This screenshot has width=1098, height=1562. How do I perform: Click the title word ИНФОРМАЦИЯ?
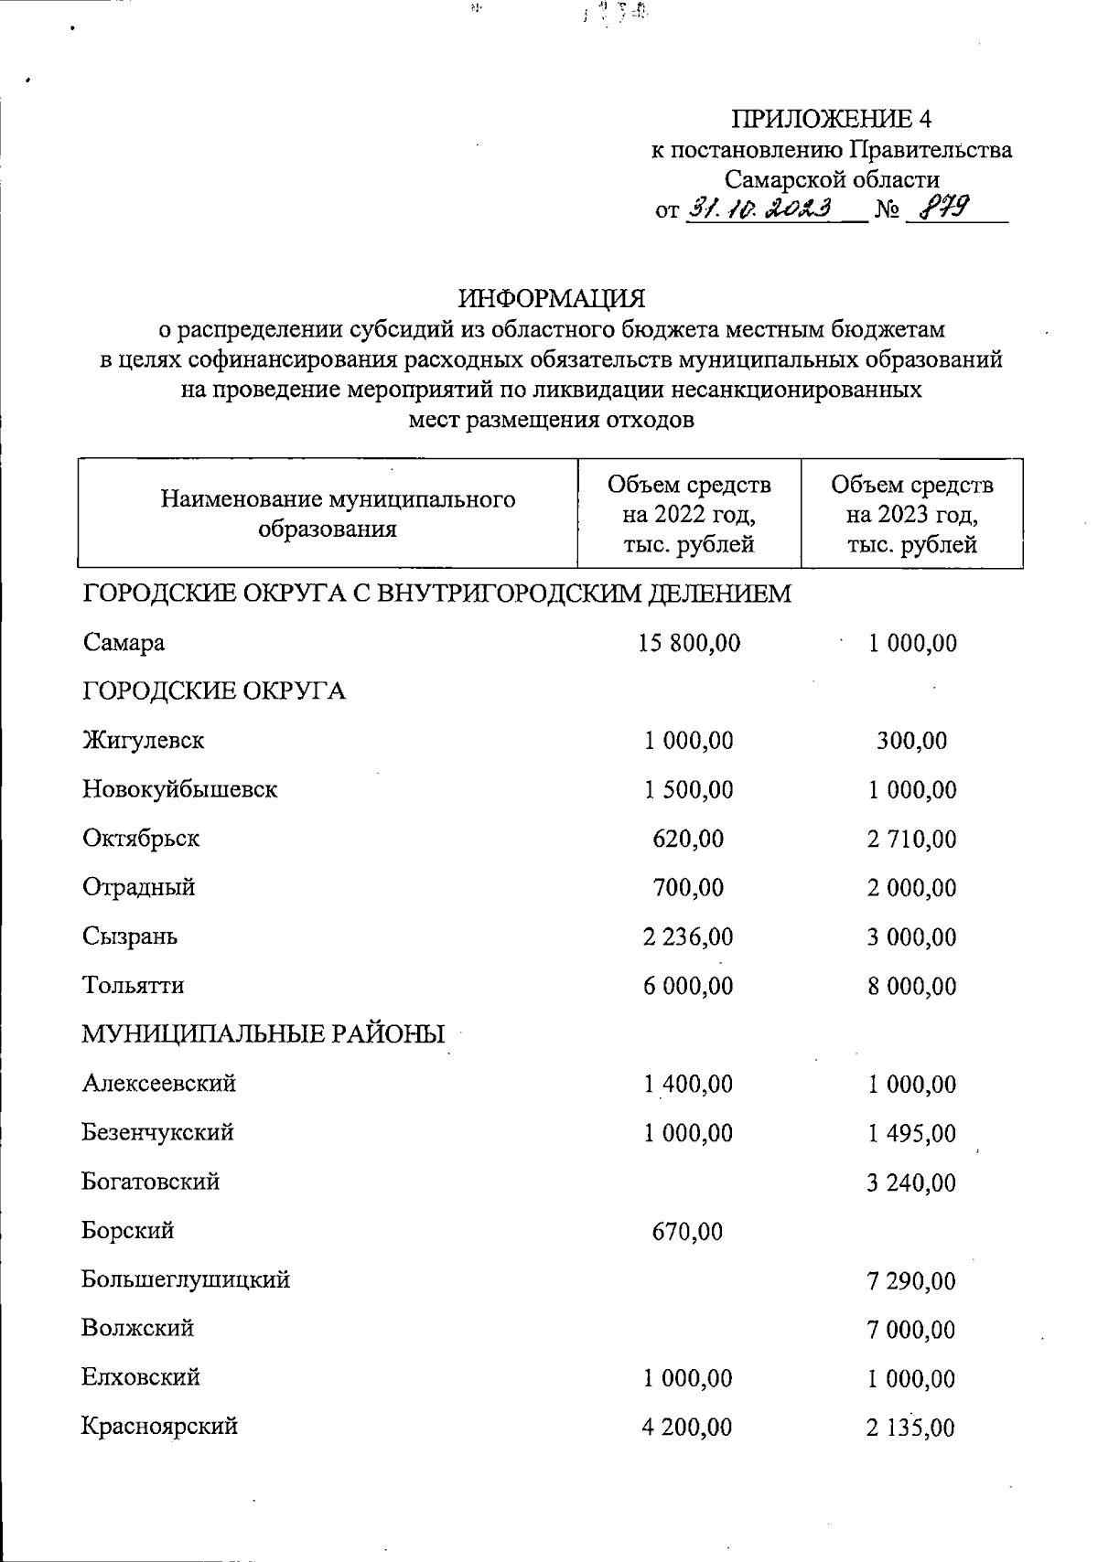tap(551, 299)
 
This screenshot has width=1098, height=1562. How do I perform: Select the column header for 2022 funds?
tap(689, 514)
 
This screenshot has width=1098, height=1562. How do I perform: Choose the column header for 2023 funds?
tap(911, 514)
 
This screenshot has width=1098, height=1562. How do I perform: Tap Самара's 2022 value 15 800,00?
tap(689, 643)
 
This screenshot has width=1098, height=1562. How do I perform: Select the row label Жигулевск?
tap(144, 740)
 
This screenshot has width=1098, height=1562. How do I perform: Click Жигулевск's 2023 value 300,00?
tap(912, 741)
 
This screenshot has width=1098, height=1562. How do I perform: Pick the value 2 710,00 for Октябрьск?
tap(912, 839)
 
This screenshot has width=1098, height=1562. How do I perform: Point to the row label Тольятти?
tap(134, 986)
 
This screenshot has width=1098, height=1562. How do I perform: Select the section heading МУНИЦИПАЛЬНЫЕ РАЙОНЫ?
tap(264, 1034)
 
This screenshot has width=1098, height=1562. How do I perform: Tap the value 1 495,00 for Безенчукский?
tap(911, 1134)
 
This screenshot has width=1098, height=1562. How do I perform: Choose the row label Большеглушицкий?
tap(186, 1279)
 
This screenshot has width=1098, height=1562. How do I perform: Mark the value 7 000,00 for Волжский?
tap(911, 1330)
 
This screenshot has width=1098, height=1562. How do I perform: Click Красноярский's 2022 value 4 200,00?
tap(687, 1428)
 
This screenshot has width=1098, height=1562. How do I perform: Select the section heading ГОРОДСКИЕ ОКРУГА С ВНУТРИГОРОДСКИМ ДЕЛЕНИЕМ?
tap(437, 594)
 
